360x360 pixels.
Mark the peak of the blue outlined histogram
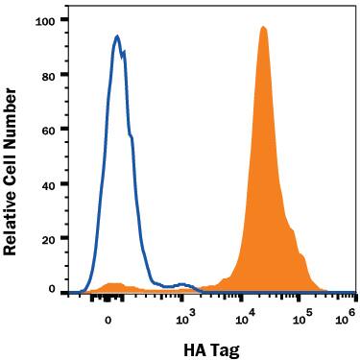click(x=116, y=36)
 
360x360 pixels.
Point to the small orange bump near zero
click(x=114, y=285)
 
